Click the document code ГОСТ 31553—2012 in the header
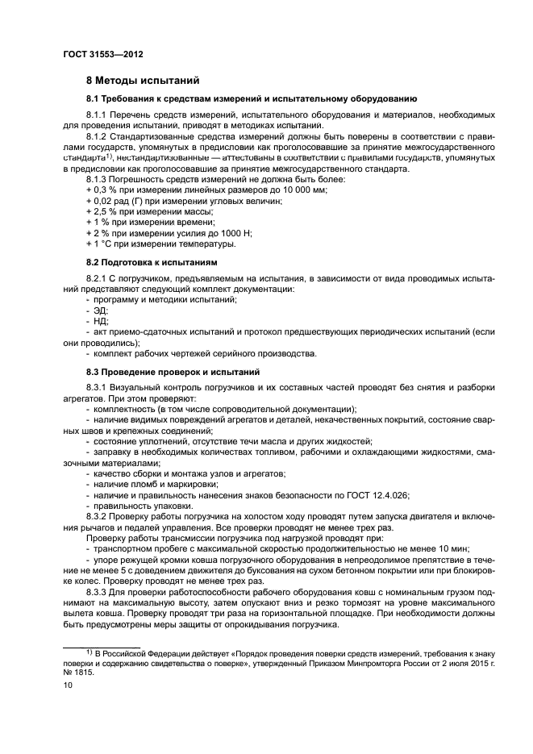[x=98, y=55]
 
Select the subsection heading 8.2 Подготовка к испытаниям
[x=151, y=263]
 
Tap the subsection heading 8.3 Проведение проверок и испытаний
[x=173, y=372]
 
